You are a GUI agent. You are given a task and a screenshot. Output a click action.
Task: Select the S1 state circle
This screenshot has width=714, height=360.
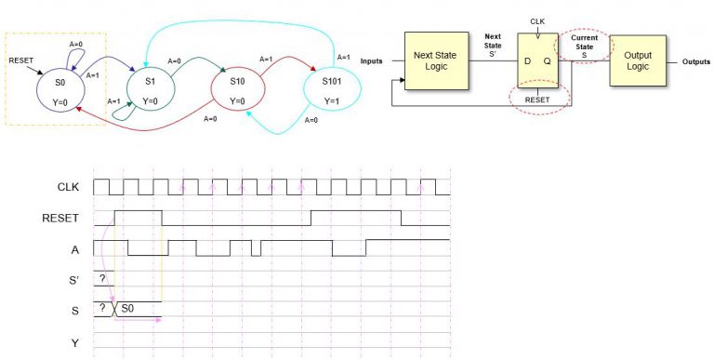[151, 91]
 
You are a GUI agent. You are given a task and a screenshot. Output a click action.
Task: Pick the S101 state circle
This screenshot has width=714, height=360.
[330, 91]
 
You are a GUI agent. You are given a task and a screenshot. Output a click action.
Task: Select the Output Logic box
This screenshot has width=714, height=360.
[637, 60]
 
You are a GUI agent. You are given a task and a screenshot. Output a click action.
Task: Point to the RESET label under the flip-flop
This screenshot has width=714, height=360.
[538, 97]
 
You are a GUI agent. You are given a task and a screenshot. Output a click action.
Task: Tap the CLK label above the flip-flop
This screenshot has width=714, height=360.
[537, 20]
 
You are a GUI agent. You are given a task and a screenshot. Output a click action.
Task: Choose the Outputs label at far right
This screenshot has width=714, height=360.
[695, 61]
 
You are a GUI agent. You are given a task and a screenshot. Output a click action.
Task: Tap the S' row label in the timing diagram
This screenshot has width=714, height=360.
[73, 279]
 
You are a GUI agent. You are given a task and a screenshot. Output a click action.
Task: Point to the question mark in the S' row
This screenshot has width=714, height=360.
[102, 278]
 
